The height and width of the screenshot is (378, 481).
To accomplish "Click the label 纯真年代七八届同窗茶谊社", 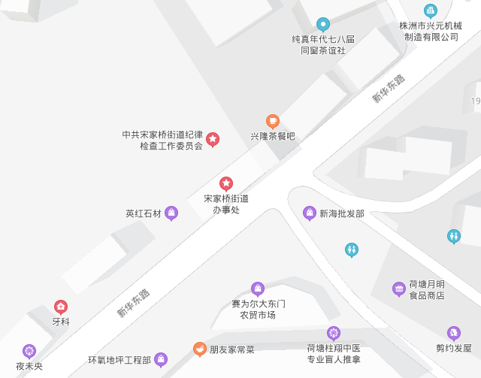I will coord(323,44).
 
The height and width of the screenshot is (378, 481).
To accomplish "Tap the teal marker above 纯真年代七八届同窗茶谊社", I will coord(323,24).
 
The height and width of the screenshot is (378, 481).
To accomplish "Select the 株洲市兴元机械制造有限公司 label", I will coord(431,31).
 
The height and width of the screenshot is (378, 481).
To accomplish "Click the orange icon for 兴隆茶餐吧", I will coord(273,120).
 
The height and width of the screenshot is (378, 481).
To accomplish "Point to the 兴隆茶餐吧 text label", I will coord(273,137).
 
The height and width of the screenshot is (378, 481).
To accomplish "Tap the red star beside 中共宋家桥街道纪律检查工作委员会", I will coord(213,138).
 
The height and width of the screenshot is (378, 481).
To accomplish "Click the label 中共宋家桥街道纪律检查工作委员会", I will coord(162,141).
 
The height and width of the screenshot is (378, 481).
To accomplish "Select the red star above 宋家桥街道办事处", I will coord(225,183).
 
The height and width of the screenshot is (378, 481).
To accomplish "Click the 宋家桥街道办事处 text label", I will coord(225,204).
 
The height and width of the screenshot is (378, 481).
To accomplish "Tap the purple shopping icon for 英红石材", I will coord(171,213).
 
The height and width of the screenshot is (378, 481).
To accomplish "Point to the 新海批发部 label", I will coord(342,213).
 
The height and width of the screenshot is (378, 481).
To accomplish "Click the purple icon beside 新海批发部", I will coord(310,213).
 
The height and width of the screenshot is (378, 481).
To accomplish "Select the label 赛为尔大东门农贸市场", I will coord(258,310).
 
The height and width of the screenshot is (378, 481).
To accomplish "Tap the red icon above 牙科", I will coord(61,306).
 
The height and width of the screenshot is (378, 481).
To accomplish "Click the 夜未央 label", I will coord(29,366).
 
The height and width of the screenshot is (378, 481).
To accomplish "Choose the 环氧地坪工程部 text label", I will coord(119,360).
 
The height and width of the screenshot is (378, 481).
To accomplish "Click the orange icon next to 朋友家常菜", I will coord(199,349).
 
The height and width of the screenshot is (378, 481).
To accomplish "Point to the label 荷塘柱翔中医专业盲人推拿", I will coord(334,354).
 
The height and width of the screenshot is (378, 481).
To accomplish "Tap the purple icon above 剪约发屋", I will coord(453,332).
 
